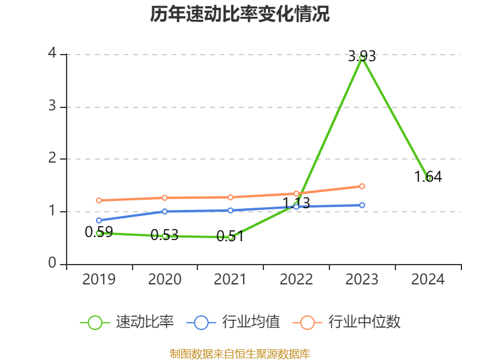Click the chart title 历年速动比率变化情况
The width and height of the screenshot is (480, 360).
(240, 14)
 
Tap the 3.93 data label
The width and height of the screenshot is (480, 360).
(362, 56)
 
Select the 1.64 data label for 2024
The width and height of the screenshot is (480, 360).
(428, 176)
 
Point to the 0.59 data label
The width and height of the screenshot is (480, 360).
(98, 232)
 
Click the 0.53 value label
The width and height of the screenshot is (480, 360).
(164, 235)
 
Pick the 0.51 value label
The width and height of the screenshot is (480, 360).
(230, 236)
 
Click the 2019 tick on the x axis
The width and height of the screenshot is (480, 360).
(99, 279)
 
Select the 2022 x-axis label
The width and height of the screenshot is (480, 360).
(296, 279)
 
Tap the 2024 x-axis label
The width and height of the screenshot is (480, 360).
(428, 279)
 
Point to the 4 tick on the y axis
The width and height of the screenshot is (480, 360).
(52, 54)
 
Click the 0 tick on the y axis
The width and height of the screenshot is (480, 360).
(52, 263)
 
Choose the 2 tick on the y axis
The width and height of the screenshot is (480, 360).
(52, 158)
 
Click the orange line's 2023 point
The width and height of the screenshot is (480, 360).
(362, 187)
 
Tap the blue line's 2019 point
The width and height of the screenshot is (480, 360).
(99, 220)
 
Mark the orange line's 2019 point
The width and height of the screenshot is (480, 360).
(99, 200)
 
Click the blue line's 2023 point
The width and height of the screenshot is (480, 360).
(362, 205)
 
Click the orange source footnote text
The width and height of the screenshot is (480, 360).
(240, 353)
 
